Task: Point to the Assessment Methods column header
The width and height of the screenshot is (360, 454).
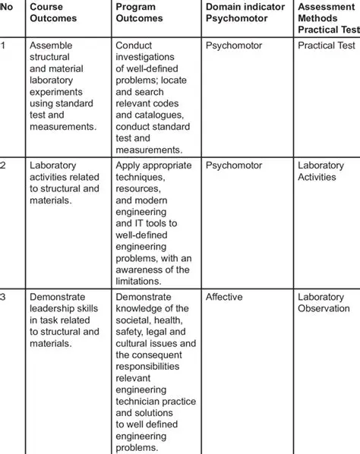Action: [327, 17]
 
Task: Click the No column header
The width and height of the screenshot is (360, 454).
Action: [6, 7]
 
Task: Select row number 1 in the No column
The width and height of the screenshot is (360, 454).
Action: [3, 46]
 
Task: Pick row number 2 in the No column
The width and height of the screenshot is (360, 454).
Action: [4, 166]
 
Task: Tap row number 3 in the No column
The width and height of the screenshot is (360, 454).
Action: [4, 297]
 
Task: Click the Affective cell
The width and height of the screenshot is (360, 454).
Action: [224, 297]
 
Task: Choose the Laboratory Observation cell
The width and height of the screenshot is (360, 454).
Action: [324, 303]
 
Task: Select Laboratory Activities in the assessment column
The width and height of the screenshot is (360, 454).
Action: [321, 171]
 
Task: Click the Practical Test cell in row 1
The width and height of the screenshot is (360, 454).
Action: [327, 46]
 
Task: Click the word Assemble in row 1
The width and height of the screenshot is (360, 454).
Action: [50, 46]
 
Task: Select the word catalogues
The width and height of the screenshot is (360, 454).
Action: [154, 115]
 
